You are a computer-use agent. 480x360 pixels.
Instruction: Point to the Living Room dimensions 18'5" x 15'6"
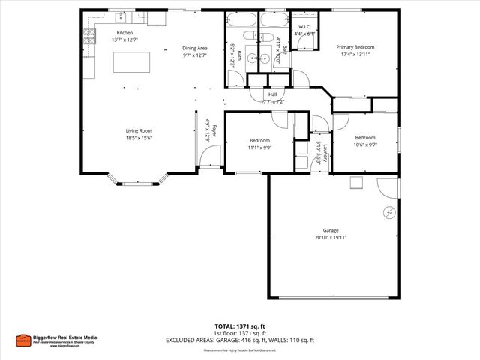pyautogui.click(x=139, y=138)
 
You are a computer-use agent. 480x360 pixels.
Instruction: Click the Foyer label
pyautogui.click(x=214, y=130)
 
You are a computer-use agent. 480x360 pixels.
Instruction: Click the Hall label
pyautogui.click(x=272, y=94)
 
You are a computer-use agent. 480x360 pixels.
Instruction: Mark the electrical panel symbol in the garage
pyautogui.click(x=388, y=212)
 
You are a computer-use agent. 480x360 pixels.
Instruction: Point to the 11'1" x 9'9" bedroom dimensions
pyautogui.click(x=259, y=148)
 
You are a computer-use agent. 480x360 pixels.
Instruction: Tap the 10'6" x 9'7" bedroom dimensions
pyautogui.click(x=365, y=145)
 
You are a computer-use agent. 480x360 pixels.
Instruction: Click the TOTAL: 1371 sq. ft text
pyautogui.click(x=240, y=326)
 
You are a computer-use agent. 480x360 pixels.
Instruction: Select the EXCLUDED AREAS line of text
pyautogui.click(x=240, y=340)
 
